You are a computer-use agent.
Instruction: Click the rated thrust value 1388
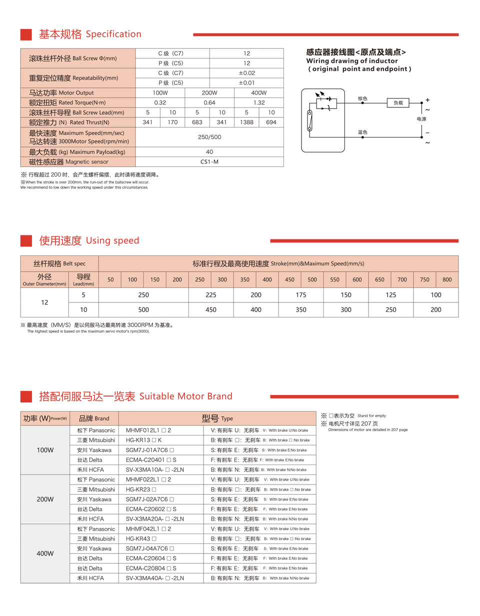[246, 122]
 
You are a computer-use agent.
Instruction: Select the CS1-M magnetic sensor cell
[209, 161]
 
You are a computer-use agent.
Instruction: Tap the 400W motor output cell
[258, 93]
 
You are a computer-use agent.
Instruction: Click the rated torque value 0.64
[209, 102]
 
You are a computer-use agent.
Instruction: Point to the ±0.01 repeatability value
[246, 83]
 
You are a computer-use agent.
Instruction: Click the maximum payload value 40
[209, 152]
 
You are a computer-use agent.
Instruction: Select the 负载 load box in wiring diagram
[398, 102]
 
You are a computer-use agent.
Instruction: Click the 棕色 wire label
[362, 99]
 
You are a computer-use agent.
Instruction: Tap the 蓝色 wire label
[362, 132]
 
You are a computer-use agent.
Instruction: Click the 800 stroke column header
[447, 279]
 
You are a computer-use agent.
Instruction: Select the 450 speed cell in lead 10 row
[211, 309]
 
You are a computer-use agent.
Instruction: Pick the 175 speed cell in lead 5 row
[301, 295]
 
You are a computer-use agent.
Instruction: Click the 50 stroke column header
[110, 279]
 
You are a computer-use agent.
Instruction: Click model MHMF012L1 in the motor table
[148, 430]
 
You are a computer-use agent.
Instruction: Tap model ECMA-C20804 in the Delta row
[151, 568]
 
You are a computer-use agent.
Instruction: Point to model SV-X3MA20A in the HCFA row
[155, 519]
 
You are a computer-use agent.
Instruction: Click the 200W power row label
[45, 499]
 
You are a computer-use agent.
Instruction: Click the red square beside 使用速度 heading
[26, 240]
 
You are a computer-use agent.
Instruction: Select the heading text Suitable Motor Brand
[185, 396]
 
